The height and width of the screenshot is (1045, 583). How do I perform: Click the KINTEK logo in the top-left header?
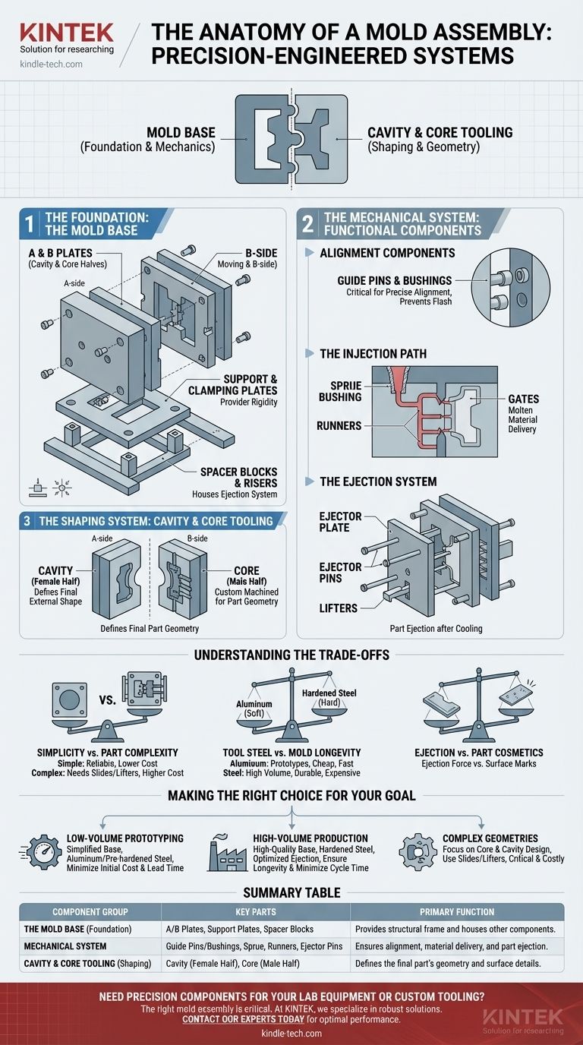pos(67,32)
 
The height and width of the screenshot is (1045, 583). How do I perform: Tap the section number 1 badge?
pos(28,225)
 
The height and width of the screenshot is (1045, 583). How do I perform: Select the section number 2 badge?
pos(307,224)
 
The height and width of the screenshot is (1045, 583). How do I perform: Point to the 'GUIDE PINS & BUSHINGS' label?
pos(394,281)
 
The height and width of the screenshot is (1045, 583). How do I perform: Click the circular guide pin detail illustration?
pos(509,281)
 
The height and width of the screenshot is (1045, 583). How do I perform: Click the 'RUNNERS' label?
pos(339,425)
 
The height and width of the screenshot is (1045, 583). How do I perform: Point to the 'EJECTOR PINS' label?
pos(341,573)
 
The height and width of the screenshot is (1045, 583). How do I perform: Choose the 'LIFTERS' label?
pos(340,608)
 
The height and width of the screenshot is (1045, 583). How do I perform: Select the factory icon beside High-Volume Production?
pos(225,851)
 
